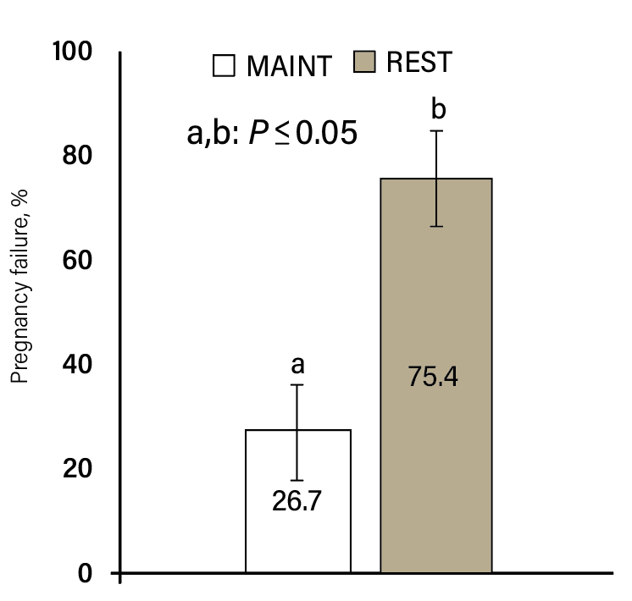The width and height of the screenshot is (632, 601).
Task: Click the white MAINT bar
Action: point(297,533)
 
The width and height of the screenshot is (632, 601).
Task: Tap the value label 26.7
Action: point(297,502)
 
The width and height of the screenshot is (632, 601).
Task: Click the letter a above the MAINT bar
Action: point(297,365)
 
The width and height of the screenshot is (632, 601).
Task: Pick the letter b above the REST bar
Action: point(438,109)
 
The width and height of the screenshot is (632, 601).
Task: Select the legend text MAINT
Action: point(289,66)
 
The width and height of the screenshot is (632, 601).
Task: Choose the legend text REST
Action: point(419,63)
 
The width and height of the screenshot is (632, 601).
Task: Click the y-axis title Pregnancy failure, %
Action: point(21,287)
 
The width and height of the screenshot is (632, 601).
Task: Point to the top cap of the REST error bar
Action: point(436,130)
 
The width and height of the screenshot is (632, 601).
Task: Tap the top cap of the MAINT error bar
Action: point(297,385)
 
